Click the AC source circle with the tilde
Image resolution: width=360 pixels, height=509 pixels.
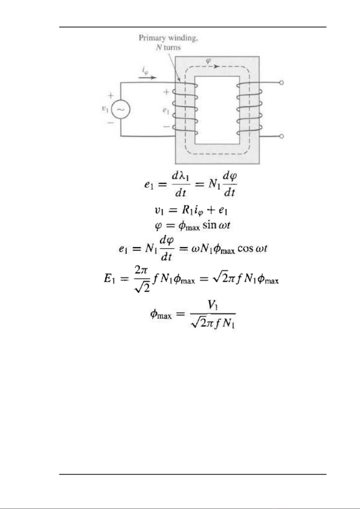point(121,109)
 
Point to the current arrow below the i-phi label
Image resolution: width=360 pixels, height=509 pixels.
point(148,78)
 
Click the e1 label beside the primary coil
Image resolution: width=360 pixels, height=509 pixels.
point(166,111)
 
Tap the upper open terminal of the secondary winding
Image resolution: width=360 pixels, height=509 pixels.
point(281,83)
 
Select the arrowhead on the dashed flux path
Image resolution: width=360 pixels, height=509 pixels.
point(217,66)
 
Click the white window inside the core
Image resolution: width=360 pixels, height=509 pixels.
point(217,110)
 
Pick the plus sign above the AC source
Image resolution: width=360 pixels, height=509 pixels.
point(111,96)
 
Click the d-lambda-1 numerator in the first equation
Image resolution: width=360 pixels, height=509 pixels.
point(180,176)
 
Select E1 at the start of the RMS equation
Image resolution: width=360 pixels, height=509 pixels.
point(109,279)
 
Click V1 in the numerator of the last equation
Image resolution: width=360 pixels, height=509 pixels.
point(213,306)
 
